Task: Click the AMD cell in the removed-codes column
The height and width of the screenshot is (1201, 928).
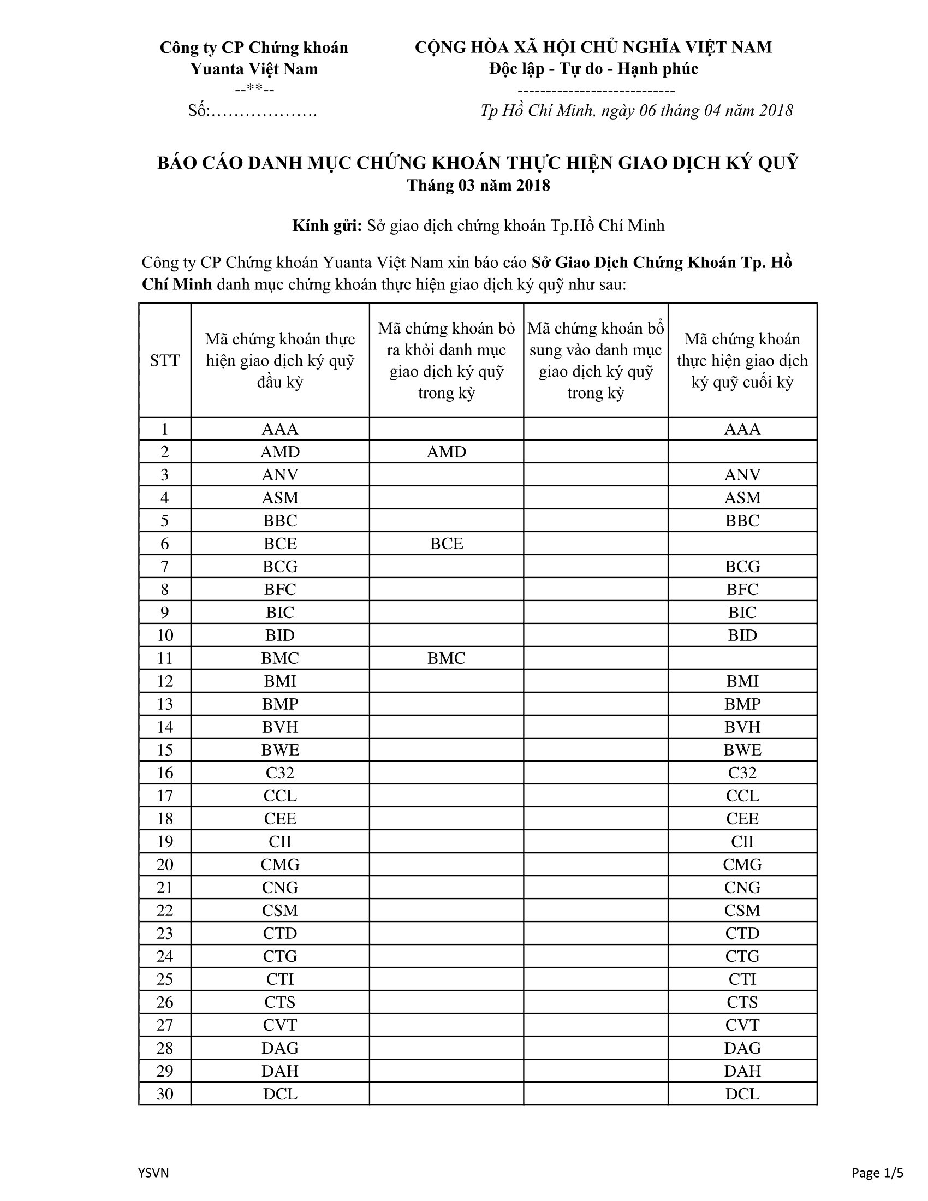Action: click(x=446, y=452)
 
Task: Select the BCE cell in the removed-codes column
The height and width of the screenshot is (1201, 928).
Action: click(x=446, y=544)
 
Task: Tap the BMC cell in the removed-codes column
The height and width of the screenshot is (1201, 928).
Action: click(x=446, y=658)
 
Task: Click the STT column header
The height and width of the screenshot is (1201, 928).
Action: click(x=164, y=361)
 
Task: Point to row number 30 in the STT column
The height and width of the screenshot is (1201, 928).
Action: click(x=164, y=1094)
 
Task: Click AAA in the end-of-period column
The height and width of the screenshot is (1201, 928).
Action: click(x=742, y=429)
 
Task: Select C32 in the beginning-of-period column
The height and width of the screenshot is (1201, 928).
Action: click(x=280, y=772)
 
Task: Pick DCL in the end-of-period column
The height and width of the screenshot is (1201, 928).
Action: click(x=742, y=1094)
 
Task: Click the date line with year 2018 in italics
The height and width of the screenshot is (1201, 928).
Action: click(x=636, y=110)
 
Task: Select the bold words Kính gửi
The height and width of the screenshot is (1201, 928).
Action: click(x=326, y=225)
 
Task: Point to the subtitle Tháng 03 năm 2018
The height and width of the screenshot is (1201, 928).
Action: click(x=478, y=185)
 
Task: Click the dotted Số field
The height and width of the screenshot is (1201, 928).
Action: click(x=252, y=110)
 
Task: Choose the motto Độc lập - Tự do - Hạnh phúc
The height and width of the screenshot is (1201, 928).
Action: click(x=593, y=69)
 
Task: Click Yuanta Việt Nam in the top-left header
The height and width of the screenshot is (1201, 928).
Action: click(x=254, y=69)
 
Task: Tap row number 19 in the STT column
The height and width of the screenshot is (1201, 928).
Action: click(x=164, y=841)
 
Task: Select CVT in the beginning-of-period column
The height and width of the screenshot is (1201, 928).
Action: click(x=280, y=1025)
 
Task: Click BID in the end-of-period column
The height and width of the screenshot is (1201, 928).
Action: click(x=742, y=635)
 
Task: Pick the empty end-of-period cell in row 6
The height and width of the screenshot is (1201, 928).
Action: click(x=742, y=544)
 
